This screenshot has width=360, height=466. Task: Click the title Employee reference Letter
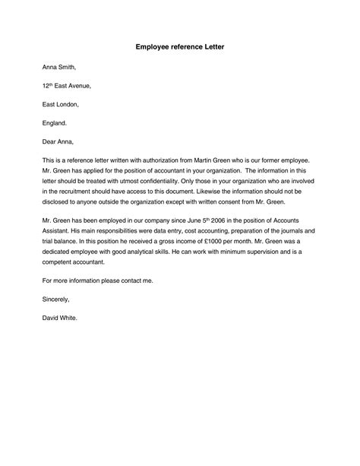(x=180, y=47)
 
